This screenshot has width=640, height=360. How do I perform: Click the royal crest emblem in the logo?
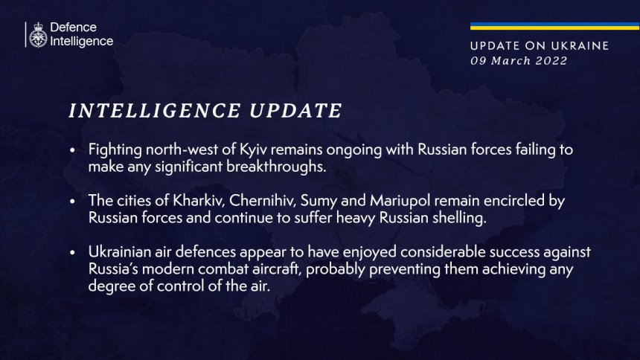click(x=38, y=35)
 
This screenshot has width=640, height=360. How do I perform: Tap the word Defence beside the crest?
click(x=73, y=28)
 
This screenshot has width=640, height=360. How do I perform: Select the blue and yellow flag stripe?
click(x=554, y=26)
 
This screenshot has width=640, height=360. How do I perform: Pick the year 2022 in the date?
click(x=551, y=61)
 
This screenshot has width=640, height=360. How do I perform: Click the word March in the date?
click(x=511, y=61)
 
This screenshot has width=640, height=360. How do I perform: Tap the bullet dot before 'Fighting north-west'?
click(x=73, y=150)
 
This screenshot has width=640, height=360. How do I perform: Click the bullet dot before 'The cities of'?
click(x=73, y=202)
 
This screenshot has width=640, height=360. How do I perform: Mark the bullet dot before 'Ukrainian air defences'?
click(x=73, y=253)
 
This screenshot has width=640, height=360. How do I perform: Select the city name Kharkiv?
click(x=199, y=201)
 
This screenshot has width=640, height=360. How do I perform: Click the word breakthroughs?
click(x=276, y=167)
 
